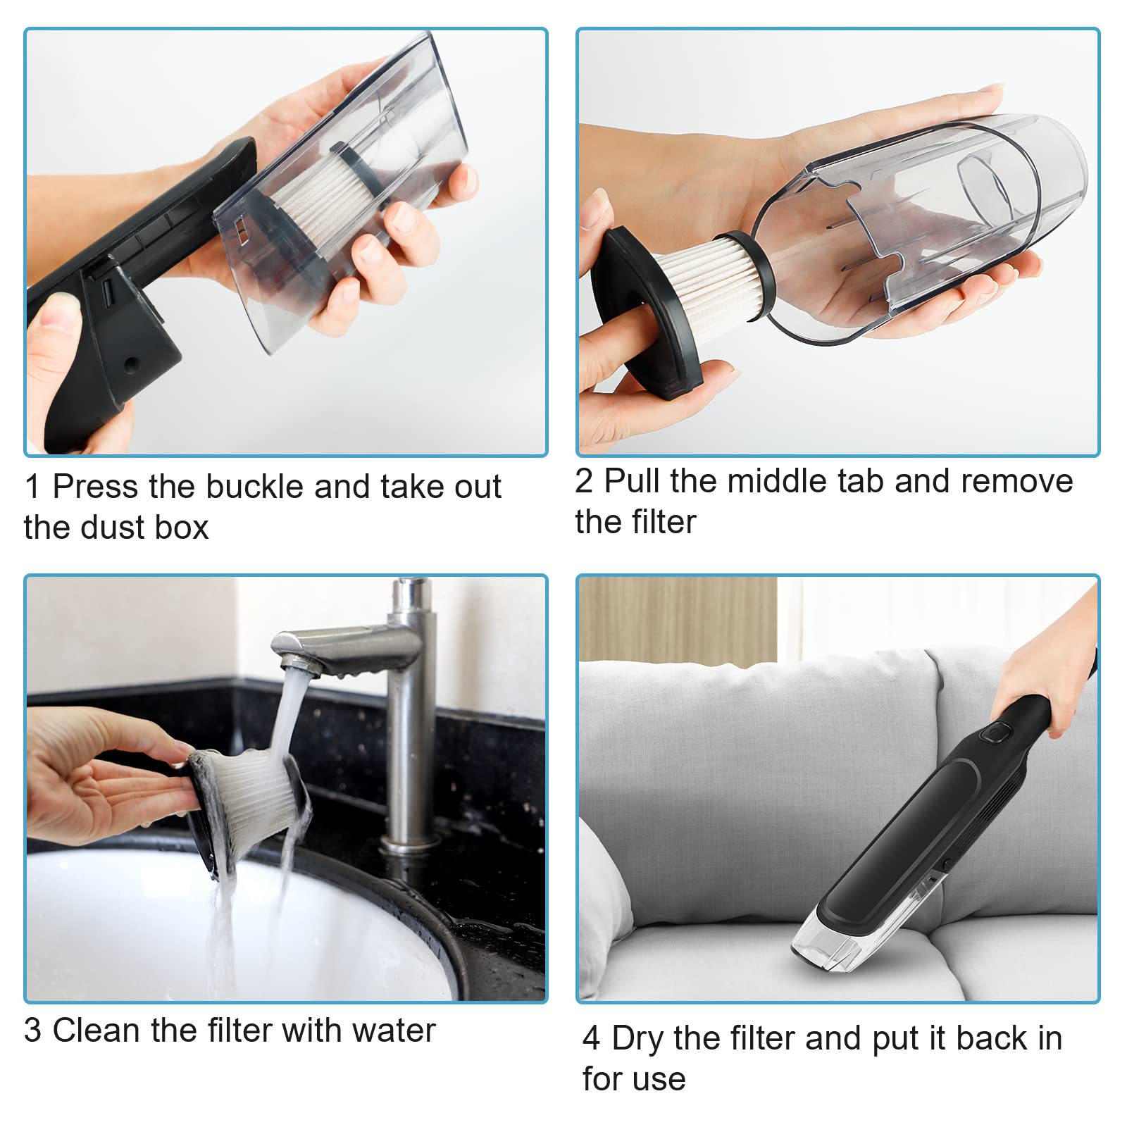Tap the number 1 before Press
32,487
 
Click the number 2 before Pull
584,482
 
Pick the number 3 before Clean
33,1031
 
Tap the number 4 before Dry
592,1039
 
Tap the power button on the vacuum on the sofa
995,734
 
